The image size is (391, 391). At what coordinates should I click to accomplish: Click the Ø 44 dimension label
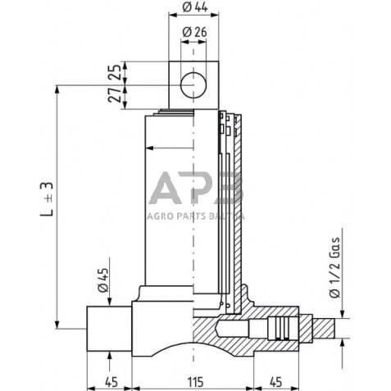[x=195, y=7]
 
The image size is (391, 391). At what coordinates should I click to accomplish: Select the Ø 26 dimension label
[x=194, y=32]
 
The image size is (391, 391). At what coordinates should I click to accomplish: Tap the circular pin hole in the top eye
[x=193, y=85]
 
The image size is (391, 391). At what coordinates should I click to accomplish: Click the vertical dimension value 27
[x=115, y=95]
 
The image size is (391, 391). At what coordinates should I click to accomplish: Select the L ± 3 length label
[x=47, y=199]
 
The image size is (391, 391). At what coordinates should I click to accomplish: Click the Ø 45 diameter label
[x=103, y=280]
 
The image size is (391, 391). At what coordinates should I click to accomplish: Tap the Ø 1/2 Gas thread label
[x=334, y=267]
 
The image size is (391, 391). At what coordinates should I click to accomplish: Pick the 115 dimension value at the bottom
[x=196, y=382]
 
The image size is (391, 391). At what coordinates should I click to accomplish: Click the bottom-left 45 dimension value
[x=111, y=382]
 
